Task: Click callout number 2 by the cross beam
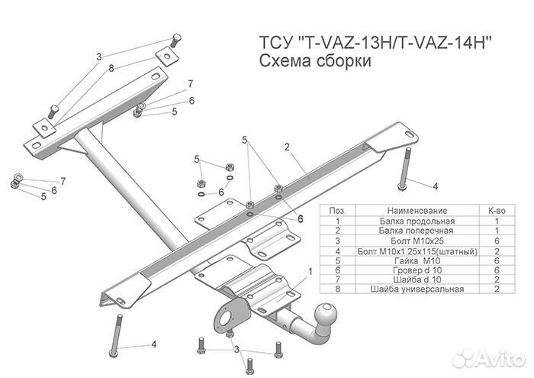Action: point(287,146)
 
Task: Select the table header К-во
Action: point(497,209)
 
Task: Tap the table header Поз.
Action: point(337,209)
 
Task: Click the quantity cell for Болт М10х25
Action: point(497,240)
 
